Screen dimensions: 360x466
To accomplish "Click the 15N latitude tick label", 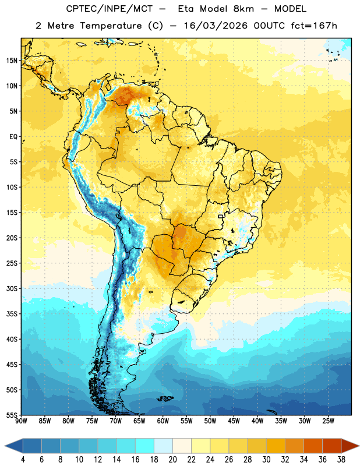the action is (12, 61).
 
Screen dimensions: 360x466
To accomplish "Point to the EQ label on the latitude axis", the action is (13, 137).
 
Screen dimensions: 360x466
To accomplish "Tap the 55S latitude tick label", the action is (12, 415).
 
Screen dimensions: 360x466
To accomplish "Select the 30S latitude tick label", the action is (12, 288).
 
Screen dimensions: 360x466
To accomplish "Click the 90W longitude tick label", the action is (21, 421).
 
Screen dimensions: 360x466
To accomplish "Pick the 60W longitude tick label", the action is (163, 421).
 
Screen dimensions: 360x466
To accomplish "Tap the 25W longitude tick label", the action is (328, 421).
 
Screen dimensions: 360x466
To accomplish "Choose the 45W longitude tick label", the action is (234, 421).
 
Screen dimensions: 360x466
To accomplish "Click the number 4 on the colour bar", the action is (23, 460).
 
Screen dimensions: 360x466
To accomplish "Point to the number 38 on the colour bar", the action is (341, 460).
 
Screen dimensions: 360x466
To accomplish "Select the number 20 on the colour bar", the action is (172, 460).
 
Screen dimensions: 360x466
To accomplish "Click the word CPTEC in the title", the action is (77, 9).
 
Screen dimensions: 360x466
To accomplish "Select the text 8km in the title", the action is (243, 9).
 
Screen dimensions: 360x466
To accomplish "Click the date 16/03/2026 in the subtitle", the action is (216, 26).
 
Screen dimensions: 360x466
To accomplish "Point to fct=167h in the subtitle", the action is (314, 26).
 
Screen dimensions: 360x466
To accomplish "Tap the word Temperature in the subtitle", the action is (111, 26).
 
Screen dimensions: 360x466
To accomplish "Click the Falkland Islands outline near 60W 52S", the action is (165, 398).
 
